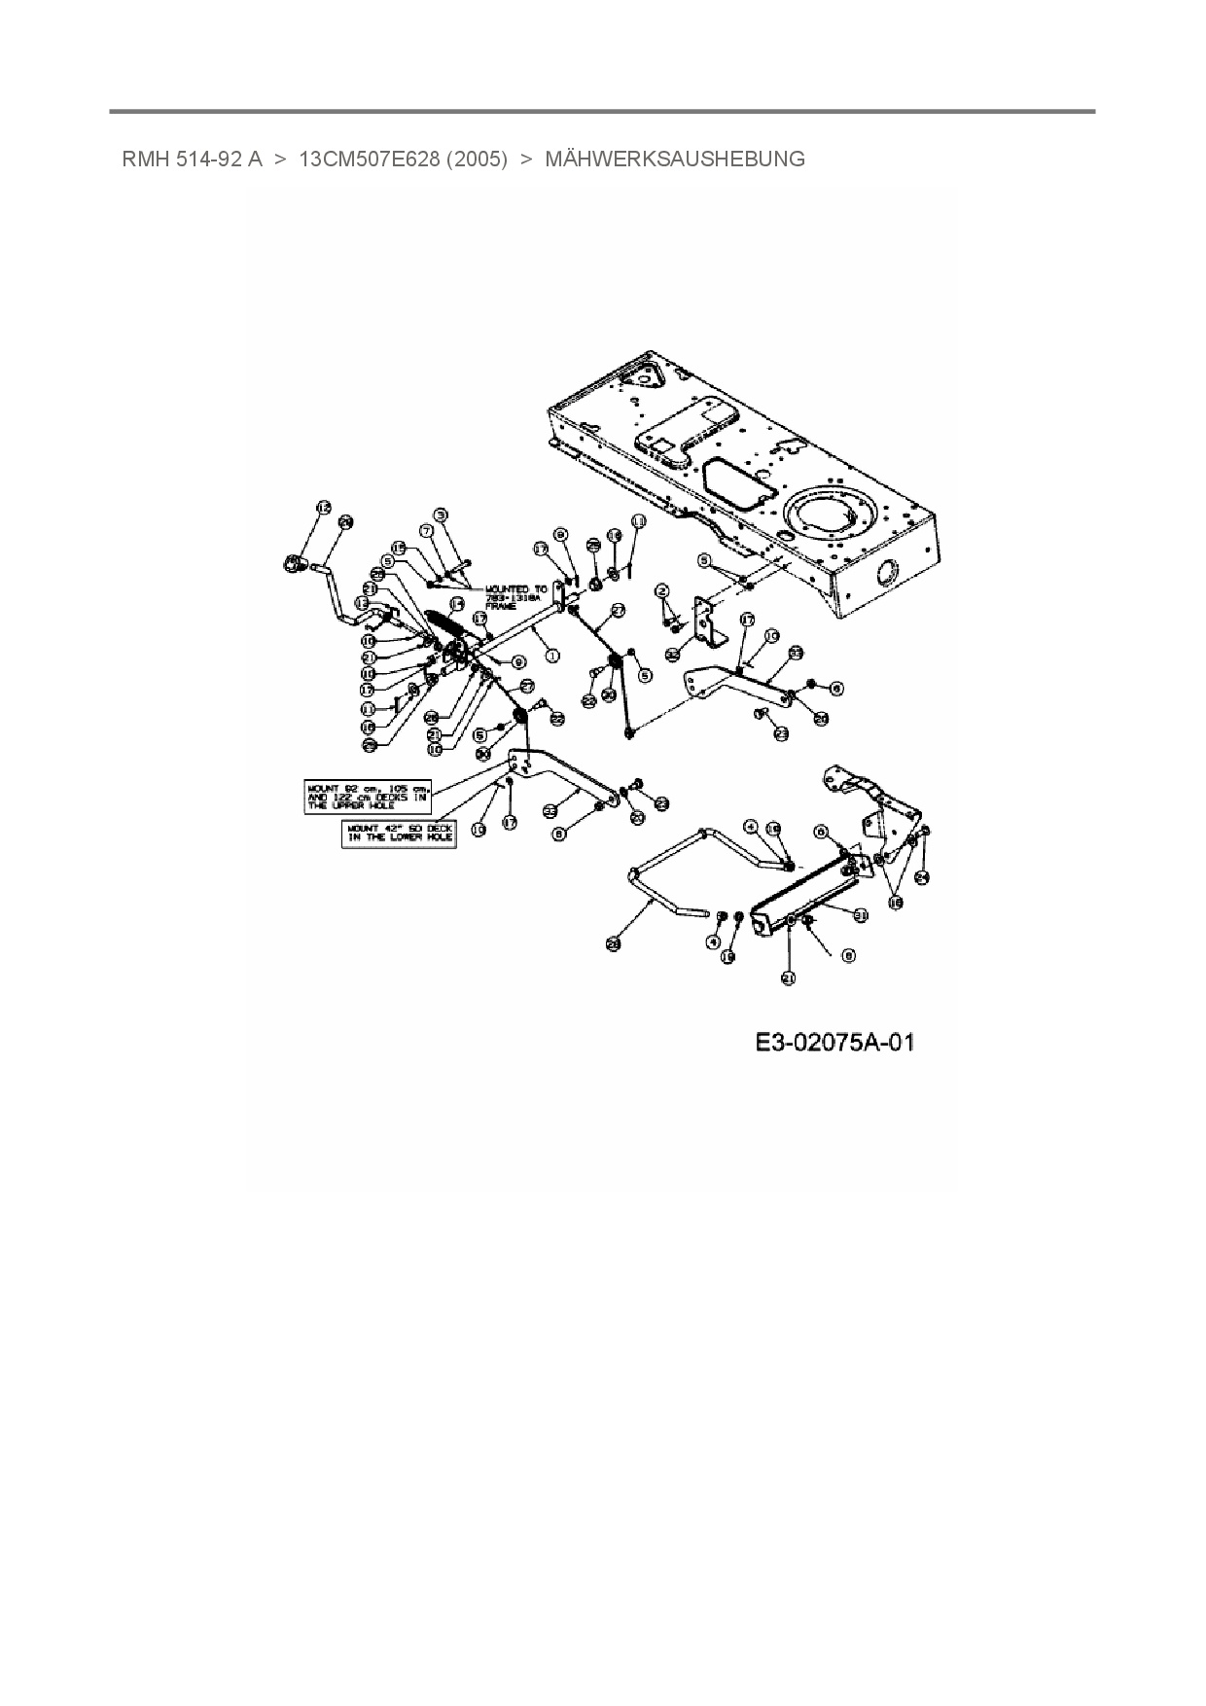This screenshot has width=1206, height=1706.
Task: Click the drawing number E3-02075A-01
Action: (x=834, y=1044)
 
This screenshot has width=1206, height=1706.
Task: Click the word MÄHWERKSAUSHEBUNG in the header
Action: (x=674, y=160)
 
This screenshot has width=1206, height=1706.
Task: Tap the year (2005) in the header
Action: (x=477, y=160)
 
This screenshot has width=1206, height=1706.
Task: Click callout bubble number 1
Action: (x=552, y=656)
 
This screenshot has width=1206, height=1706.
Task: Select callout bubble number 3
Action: (x=441, y=515)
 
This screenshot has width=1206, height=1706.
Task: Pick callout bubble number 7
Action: (x=425, y=530)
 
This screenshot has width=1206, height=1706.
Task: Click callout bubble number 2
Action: (x=662, y=590)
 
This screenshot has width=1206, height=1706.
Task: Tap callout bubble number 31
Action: (x=860, y=914)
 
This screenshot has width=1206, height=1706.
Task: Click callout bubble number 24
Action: (x=923, y=876)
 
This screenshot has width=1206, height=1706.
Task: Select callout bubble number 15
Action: (x=398, y=548)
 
